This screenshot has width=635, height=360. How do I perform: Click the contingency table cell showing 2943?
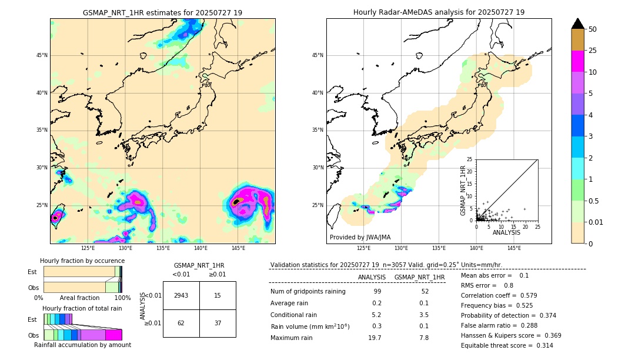coord(181,295)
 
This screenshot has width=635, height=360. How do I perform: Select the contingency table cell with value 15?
coord(218,295)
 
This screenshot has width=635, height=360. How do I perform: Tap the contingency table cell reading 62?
coord(181,323)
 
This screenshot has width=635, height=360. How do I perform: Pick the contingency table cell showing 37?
coord(218,323)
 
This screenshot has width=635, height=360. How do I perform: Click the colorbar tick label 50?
coord(593,29)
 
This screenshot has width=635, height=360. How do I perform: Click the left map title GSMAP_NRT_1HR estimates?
coord(162,12)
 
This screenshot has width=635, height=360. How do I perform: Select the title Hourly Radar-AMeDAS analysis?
coord(439,12)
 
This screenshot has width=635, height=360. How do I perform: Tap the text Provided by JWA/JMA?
coord(360,237)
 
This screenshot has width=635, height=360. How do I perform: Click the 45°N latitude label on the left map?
coord(42,55)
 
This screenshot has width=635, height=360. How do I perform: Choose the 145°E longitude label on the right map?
coord(514,248)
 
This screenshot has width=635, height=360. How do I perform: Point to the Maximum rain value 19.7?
coord(375,338)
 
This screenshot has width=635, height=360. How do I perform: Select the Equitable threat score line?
coord(507,345)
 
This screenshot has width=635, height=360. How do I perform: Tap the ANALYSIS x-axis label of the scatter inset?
coord(506,232)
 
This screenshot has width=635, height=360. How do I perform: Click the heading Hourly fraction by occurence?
coord(82,261)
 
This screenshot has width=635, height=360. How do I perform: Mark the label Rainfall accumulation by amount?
coord(82,345)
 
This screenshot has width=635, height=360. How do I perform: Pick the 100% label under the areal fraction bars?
coord(122,298)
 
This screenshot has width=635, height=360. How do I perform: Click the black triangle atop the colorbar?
coord(578,24)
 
